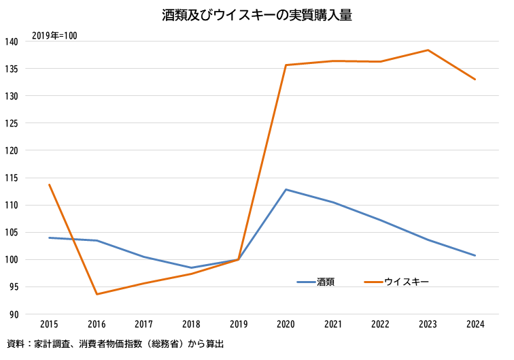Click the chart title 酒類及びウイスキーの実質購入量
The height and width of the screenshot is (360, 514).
pos(257,14)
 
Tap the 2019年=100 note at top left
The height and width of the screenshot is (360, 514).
pos(54,36)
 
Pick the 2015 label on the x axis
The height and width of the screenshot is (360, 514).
pos(49,325)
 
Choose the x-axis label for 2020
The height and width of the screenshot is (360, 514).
pos(286,325)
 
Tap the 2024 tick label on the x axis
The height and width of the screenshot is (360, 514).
pos(475,325)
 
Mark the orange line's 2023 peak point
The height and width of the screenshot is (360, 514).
pos(428,50)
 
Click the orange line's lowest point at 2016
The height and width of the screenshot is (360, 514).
pos(97,294)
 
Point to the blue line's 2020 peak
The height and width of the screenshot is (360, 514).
pos(286,189)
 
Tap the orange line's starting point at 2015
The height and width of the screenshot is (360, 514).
pos(49,184)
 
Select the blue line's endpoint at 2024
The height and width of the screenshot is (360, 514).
pos(475,255)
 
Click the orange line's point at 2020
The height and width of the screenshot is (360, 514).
pos(286,65)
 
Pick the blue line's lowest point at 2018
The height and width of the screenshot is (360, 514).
pos(191,267)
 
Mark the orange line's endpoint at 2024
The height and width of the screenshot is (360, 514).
pos(475,79)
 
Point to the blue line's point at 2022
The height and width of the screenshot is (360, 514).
pos(380,220)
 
